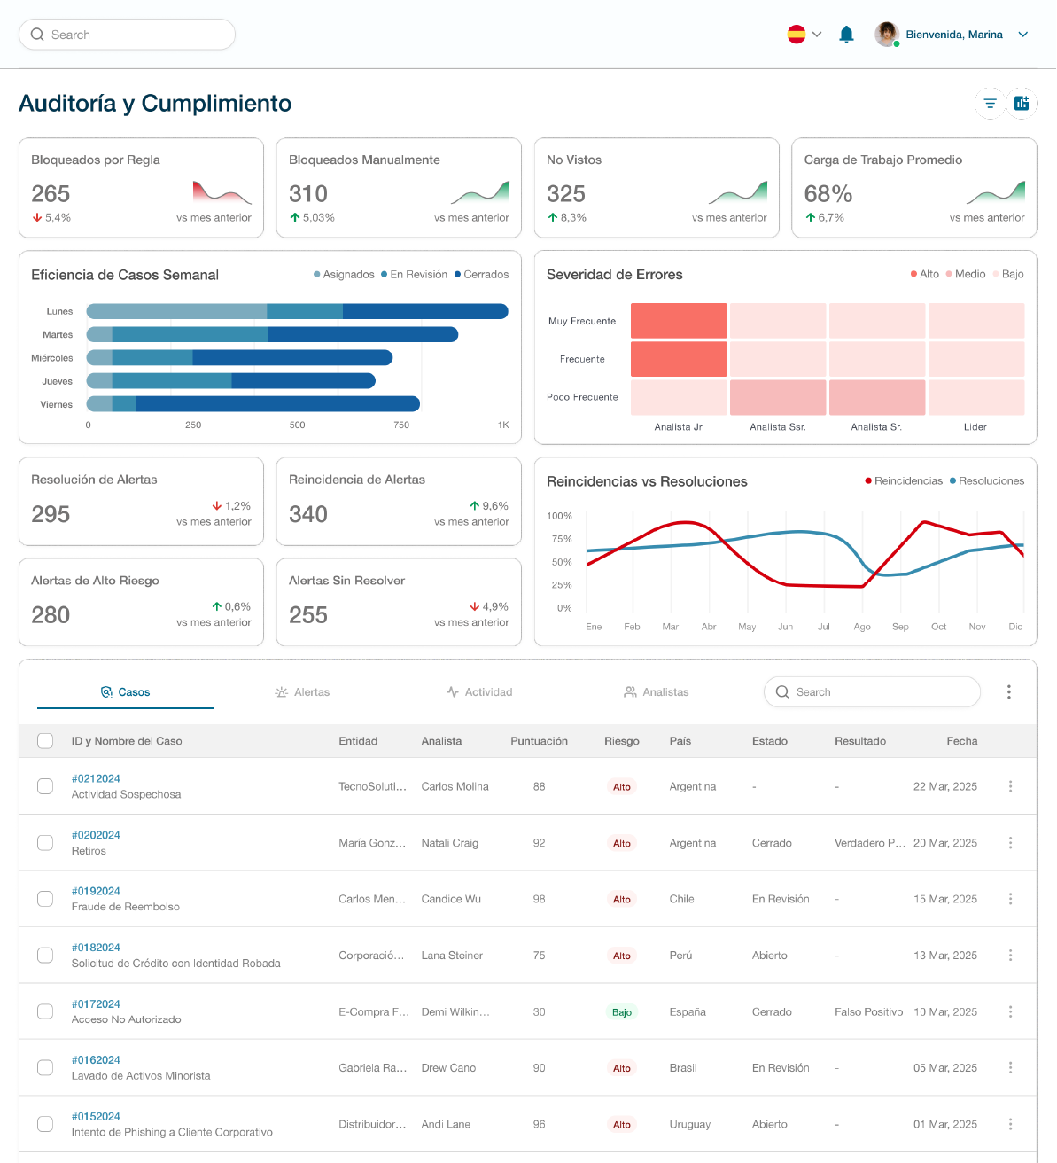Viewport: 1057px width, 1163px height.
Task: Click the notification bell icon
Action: point(846,35)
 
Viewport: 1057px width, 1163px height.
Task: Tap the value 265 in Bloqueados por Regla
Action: point(51,194)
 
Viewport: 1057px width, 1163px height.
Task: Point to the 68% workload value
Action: point(828,194)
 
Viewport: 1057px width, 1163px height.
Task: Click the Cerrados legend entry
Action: point(482,275)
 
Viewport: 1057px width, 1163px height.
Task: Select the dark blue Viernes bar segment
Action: point(277,404)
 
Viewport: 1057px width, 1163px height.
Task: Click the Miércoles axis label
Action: point(52,358)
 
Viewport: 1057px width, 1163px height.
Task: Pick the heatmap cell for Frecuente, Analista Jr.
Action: point(679,359)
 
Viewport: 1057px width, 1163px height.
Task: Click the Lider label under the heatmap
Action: point(975,427)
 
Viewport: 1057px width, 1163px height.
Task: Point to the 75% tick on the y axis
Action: point(562,539)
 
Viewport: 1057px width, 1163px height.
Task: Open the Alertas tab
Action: point(302,692)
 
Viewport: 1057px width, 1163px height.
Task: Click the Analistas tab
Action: point(657,692)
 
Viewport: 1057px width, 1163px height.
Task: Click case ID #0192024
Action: point(96,892)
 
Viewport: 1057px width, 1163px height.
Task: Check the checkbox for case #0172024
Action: point(45,1011)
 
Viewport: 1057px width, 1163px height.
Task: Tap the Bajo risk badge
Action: point(622,1012)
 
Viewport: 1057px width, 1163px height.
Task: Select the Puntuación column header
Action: point(539,741)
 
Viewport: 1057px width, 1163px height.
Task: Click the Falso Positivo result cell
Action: point(868,1012)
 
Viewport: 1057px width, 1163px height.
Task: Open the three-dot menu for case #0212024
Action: point(1010,786)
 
